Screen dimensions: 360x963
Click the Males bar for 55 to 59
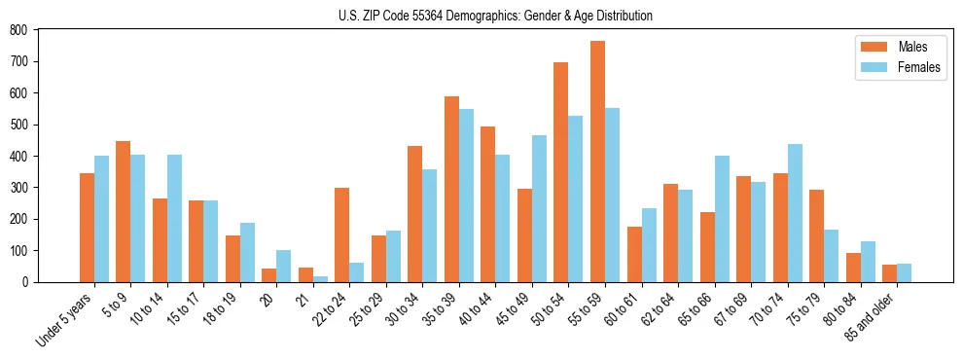pos(597,162)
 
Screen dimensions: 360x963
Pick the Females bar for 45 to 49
pos(539,208)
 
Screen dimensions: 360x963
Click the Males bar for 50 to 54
pos(561,172)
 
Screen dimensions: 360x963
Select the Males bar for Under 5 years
pos(87,228)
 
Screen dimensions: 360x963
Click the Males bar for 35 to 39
pos(451,189)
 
